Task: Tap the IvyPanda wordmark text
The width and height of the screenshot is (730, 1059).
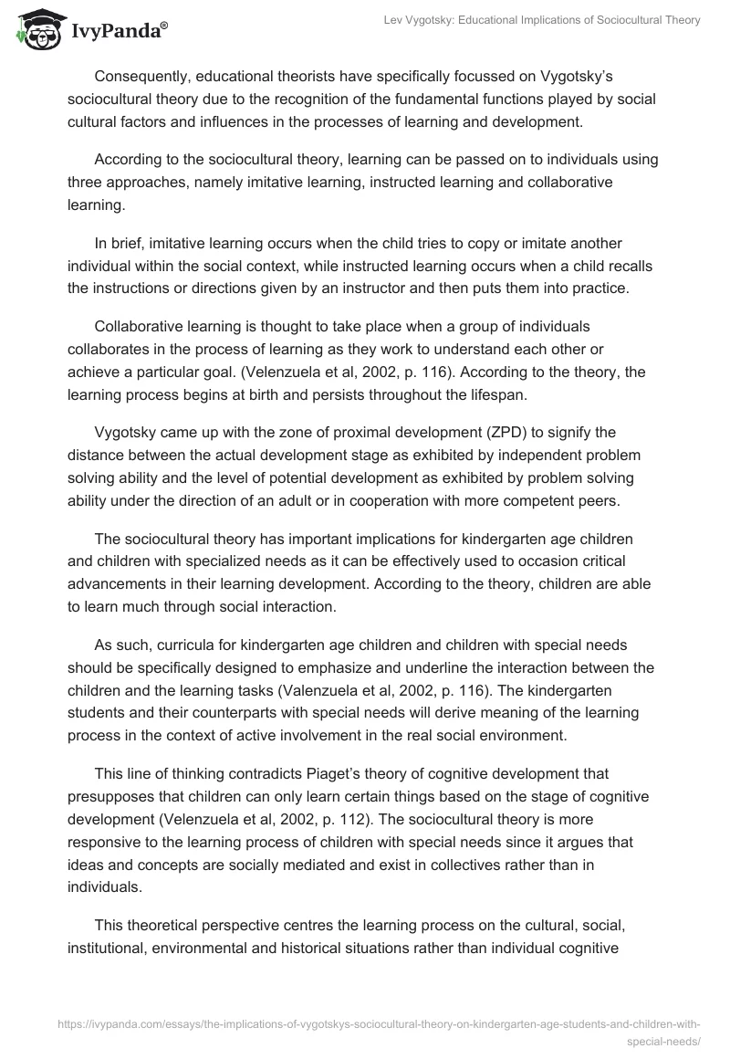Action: pos(116,33)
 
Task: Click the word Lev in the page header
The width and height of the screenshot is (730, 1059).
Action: pos(396,20)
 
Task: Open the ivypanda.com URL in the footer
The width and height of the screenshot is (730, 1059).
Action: pos(379,1025)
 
